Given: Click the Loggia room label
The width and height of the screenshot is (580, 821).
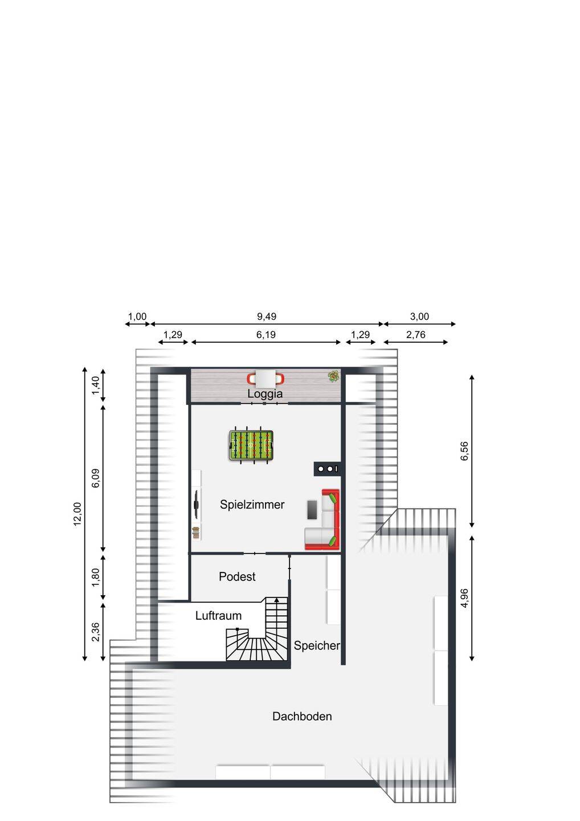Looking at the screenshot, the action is (265, 394).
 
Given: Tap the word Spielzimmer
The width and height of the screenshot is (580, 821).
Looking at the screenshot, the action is (252, 505).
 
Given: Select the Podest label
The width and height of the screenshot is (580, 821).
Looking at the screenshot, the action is (237, 576).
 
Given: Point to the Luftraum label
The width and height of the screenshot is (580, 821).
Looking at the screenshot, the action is (218, 615).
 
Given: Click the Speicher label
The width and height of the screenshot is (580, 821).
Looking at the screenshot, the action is (317, 645).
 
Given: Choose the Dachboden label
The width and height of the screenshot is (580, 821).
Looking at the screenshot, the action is (302, 717).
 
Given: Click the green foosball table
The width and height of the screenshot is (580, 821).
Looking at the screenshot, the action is (251, 445).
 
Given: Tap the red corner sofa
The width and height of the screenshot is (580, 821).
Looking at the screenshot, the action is (322, 519).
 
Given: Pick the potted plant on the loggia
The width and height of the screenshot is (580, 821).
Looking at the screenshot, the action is (333, 376).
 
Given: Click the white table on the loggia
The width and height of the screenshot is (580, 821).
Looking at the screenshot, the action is (266, 379).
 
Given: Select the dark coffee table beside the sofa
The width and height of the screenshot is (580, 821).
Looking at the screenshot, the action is (312, 510).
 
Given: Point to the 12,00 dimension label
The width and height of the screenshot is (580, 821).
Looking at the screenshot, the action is (77, 514).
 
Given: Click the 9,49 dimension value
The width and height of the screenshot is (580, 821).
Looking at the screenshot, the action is (267, 316).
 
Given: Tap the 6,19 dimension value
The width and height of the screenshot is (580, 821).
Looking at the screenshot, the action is (266, 335).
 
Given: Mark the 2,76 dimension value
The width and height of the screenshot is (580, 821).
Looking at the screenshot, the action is (415, 335).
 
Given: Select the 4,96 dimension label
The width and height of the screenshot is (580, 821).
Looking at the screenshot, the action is (464, 598).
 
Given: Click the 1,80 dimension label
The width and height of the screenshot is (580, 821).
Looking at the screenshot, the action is (96, 577).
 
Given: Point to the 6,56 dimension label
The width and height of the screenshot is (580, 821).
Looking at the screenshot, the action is (464, 451).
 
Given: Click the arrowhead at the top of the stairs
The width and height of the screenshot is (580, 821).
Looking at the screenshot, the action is (276, 600).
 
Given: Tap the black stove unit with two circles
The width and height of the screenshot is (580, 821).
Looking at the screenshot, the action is (327, 469).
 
